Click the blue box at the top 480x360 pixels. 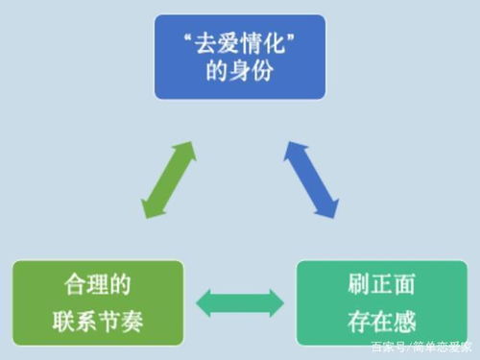coord(241,58)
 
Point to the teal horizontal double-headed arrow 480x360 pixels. coord(239,303)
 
